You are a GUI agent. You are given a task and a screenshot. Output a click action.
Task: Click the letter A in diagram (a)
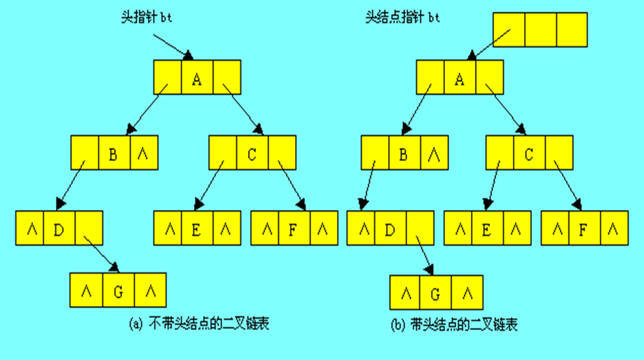[197, 78]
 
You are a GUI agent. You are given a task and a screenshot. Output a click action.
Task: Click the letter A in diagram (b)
[459, 78]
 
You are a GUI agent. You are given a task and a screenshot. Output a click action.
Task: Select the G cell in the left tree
[118, 291]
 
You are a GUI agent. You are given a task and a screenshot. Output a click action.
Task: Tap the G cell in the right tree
[434, 293]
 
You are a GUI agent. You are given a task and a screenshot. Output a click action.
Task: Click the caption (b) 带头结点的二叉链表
[456, 325]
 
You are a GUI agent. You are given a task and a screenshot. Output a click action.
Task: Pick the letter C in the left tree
[252, 153]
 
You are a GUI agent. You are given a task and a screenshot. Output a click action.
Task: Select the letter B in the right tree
[403, 153]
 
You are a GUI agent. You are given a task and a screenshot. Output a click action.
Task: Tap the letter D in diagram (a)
[59, 228]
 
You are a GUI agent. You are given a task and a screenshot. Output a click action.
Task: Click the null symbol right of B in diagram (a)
[143, 153]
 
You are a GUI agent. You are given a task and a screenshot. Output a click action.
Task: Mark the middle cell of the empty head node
[540, 29]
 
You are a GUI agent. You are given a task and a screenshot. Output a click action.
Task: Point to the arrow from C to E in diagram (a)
[210, 184]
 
